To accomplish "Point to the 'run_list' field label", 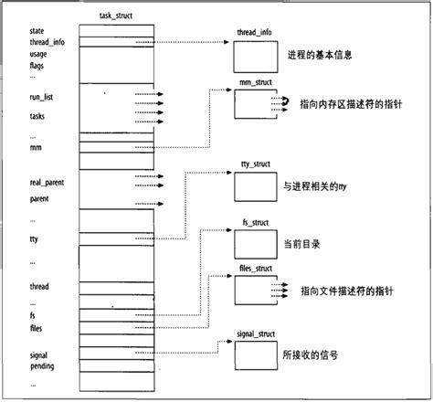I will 43,96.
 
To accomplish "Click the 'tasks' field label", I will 39,117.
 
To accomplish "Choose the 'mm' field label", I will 37,146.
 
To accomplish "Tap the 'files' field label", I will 37,327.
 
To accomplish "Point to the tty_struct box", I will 255,186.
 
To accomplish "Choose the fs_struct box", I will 255,242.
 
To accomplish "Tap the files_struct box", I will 255,291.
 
